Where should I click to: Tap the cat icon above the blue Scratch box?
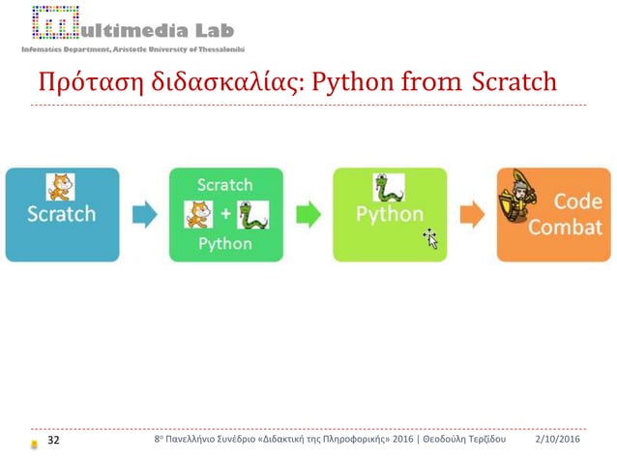(61, 186)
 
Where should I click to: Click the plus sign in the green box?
(224, 214)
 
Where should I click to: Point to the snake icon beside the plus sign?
(251, 214)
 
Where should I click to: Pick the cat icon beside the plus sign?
(198, 214)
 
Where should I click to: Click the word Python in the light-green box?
(389, 214)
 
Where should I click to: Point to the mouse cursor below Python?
(429, 240)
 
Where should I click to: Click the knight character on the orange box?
(517, 205)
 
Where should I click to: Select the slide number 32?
(54, 442)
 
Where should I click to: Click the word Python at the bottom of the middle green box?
(225, 243)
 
